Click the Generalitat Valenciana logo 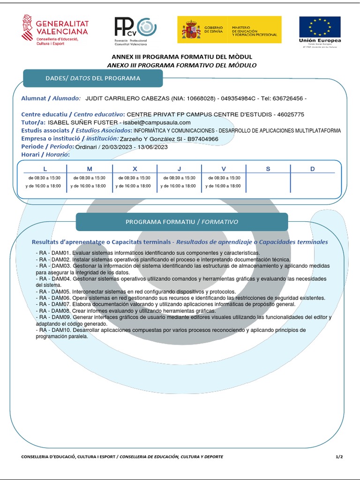click(x=54, y=29)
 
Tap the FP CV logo click(x=135, y=30)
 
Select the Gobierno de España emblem click(x=191, y=30)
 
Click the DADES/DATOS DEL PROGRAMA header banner click(x=93, y=78)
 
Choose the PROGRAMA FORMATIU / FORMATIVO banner click(x=182, y=222)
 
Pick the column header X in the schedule click(x=135, y=169)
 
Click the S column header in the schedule click(x=268, y=169)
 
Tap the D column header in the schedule click(x=313, y=169)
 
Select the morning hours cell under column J click(x=179, y=178)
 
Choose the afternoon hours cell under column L click(x=45, y=186)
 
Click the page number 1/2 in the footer click(x=339, y=457)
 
